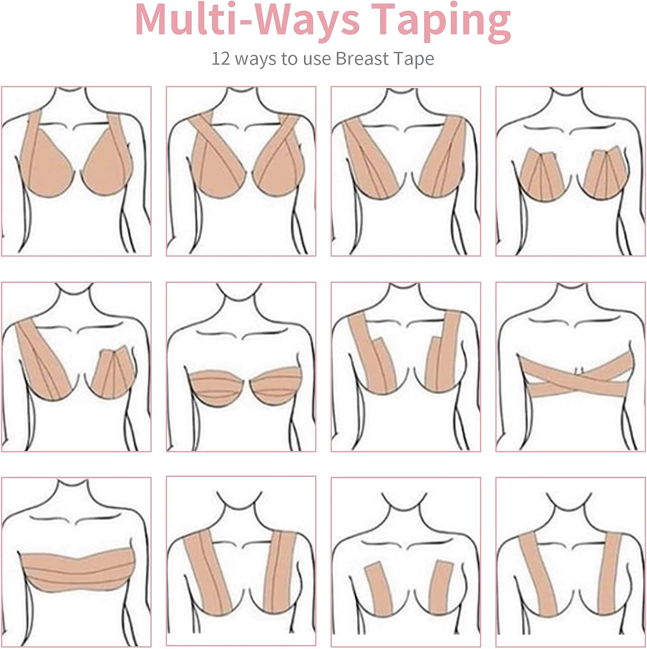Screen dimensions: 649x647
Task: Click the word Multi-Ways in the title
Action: point(247,19)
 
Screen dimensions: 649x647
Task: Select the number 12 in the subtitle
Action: point(221,58)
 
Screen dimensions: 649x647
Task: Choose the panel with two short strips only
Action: point(406,562)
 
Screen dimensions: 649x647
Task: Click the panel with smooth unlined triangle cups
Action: point(76,171)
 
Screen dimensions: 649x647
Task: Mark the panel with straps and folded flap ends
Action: point(406,367)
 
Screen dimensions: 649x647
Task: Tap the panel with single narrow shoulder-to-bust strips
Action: point(570,562)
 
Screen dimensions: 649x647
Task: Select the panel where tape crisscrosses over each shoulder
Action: point(241,171)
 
